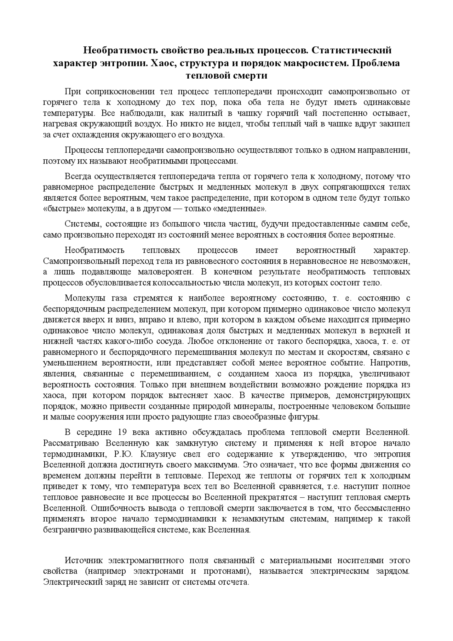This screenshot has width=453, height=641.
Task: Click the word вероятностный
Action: [326, 251]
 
